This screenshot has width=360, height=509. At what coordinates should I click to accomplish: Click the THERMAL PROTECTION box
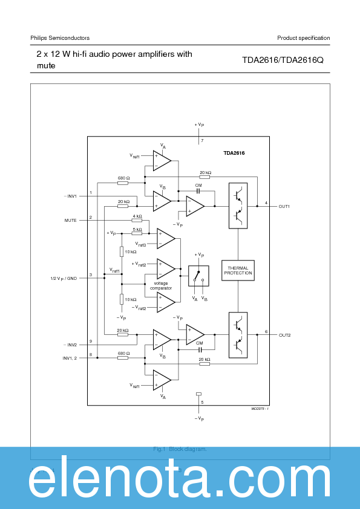coord(238,271)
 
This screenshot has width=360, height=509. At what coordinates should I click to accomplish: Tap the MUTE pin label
coord(70,221)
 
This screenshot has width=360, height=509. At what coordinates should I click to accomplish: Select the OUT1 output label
coord(284,206)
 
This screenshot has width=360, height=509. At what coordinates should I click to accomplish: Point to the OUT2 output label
coord(284,334)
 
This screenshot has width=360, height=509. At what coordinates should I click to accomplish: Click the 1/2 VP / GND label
coord(64,278)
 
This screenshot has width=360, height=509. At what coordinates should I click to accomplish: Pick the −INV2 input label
coord(70,345)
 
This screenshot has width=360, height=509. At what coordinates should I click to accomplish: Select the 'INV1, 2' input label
coord(70,358)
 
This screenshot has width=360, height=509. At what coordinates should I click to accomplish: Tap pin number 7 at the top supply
coord(202,141)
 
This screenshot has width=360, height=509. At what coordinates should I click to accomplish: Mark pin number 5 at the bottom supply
coord(202,402)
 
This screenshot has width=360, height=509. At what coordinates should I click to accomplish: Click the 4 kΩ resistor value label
coord(137,216)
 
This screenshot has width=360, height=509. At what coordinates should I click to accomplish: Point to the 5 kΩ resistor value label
coord(137,229)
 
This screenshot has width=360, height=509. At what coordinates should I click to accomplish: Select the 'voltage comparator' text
coord(161,285)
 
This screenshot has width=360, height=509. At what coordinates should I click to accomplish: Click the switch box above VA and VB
coord(198,276)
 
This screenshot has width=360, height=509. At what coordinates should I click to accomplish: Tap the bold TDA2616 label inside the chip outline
coord(234,154)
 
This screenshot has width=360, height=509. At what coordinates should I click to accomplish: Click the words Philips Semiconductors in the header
coord(60,38)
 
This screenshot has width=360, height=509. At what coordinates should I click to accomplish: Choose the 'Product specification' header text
coord(303,38)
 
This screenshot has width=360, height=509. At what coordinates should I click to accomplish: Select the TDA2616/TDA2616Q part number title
coord(283,60)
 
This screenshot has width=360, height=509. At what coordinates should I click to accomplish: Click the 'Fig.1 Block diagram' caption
coord(180,449)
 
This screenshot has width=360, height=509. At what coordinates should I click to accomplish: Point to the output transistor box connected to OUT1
coord(238,206)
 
